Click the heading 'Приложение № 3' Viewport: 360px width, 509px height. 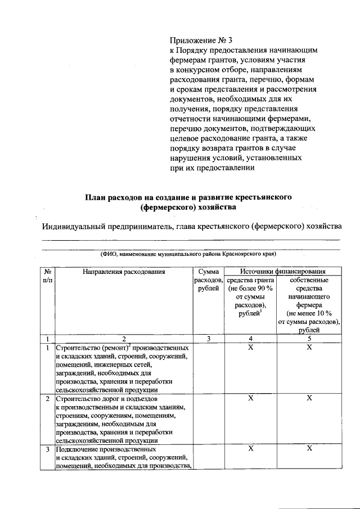(x=200, y=40)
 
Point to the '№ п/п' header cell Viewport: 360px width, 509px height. (x=47, y=276)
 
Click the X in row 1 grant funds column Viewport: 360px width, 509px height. (x=251, y=348)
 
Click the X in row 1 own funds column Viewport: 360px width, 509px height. (x=309, y=348)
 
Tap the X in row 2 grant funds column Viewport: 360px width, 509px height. (x=251, y=398)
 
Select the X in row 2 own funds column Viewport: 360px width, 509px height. (x=309, y=398)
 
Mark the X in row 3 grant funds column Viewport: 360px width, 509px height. (x=251, y=448)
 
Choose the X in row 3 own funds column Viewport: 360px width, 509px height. (x=309, y=448)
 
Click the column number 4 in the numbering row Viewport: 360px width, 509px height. (x=251, y=339)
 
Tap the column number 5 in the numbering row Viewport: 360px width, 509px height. (x=309, y=339)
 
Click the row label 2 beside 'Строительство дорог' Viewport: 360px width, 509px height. (x=47, y=399)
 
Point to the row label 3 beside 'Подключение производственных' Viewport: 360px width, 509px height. (x=47, y=449)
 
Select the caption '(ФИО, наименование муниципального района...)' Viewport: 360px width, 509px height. (x=191, y=254)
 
